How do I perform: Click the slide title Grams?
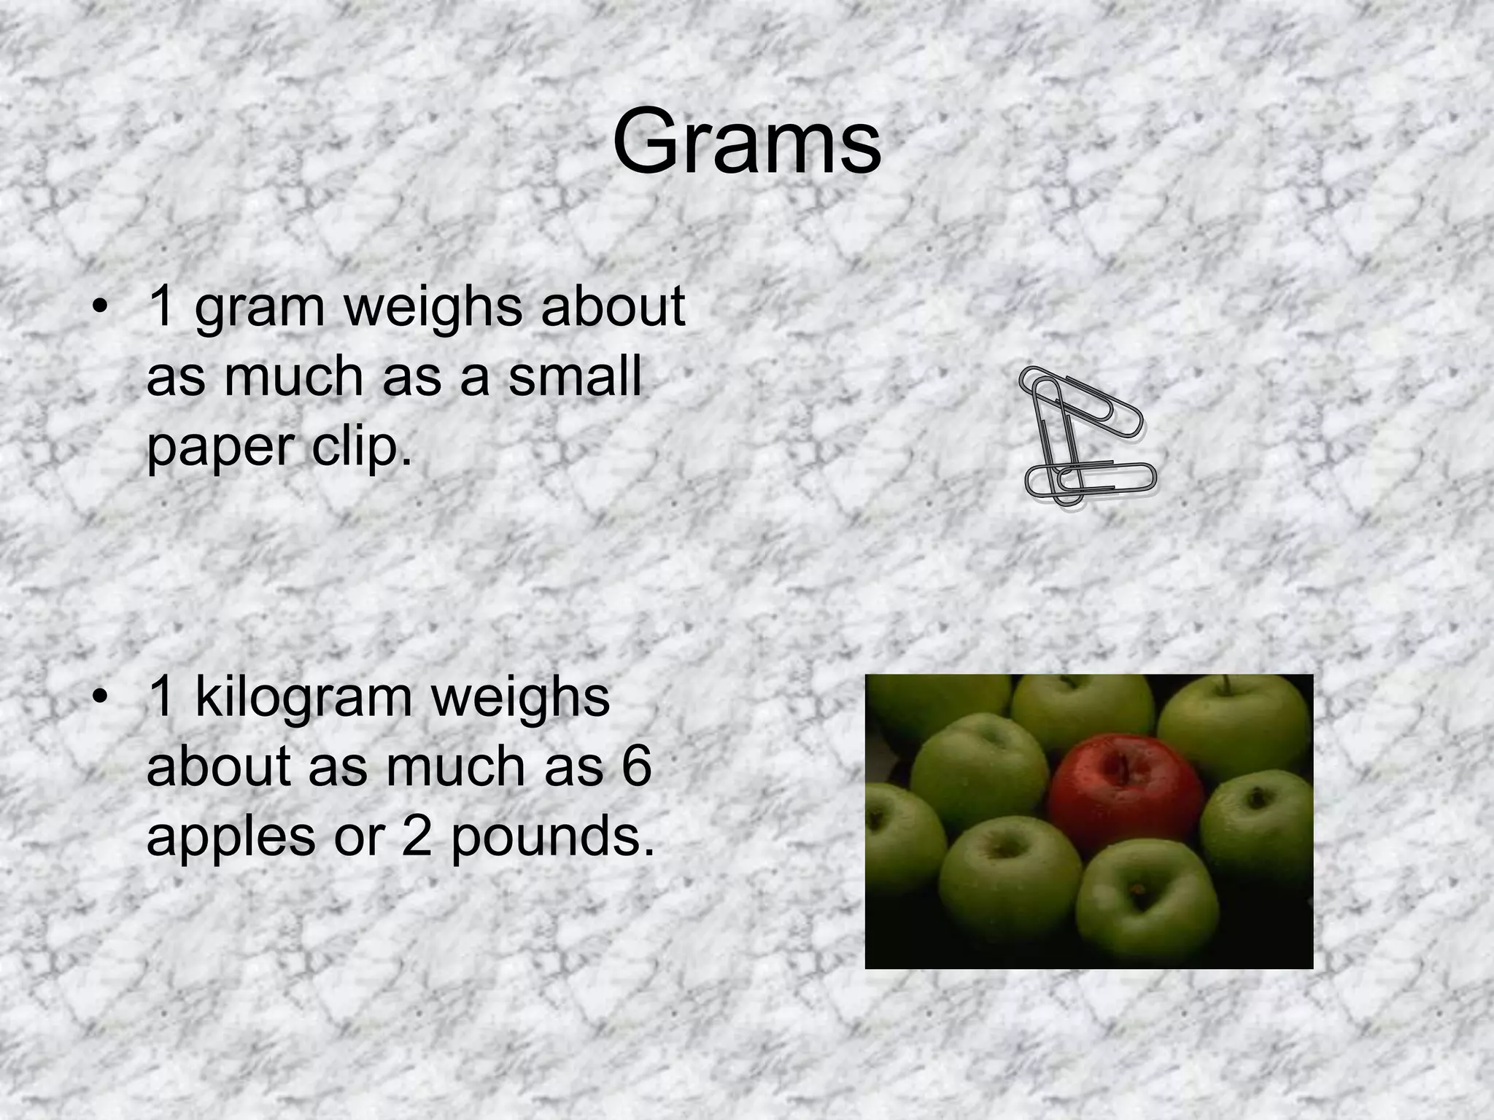tap(746, 142)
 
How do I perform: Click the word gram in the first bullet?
tap(260, 308)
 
